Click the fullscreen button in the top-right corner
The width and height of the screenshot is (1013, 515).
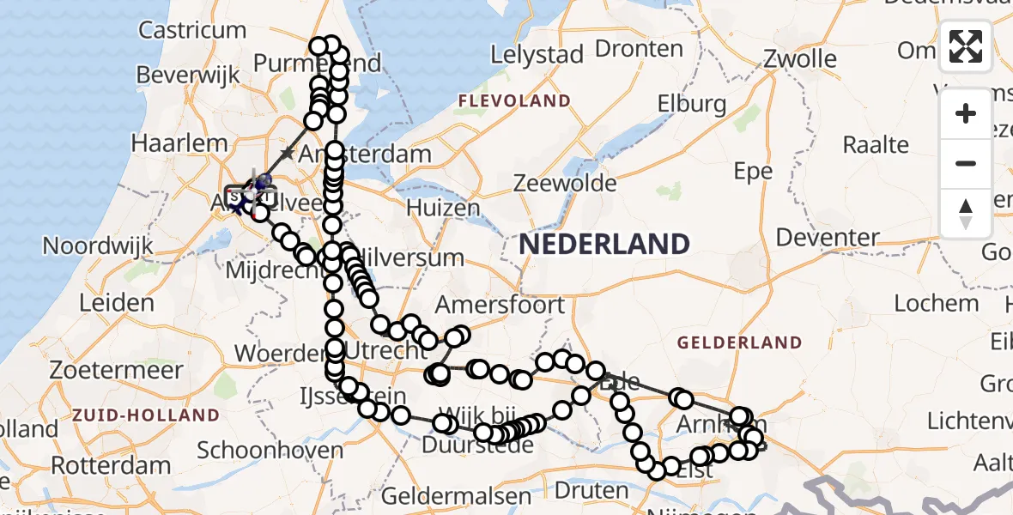966,46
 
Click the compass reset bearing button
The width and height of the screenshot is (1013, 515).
966,213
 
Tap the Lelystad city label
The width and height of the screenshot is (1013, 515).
538,54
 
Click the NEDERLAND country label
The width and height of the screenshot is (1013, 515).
604,245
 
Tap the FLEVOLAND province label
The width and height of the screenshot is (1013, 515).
514,101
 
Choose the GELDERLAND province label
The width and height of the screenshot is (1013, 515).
739,342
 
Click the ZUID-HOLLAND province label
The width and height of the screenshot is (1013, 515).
146,415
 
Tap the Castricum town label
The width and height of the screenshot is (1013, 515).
192,30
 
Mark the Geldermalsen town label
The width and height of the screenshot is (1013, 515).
457,496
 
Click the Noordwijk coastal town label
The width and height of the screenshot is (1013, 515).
98,246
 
